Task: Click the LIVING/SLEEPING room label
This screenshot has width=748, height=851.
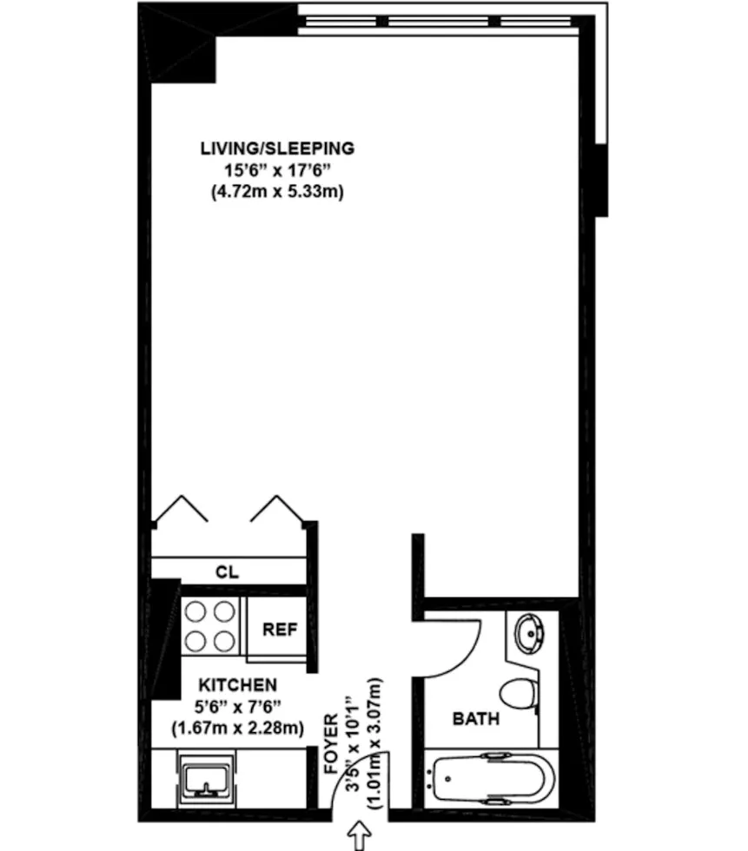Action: coord(277,148)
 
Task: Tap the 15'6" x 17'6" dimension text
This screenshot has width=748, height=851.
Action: coord(277,170)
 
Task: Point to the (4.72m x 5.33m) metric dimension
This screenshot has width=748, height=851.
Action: coord(277,193)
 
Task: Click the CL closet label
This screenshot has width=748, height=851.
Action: coord(227,572)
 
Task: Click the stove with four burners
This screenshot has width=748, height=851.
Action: coord(212,627)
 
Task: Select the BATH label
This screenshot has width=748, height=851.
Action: coord(475,719)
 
